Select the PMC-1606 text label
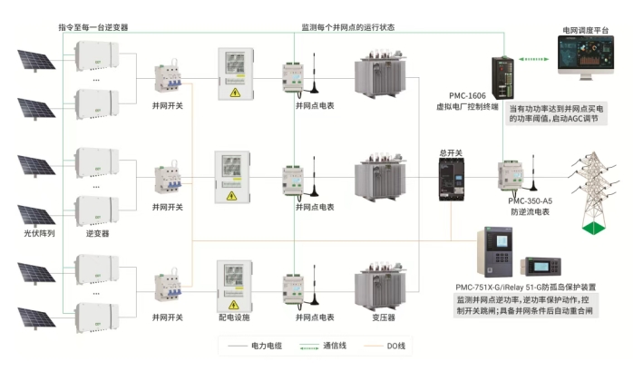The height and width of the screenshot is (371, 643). tap(469, 94)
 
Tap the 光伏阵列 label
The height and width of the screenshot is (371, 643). tap(38, 233)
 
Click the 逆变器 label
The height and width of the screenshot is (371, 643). tap(97, 233)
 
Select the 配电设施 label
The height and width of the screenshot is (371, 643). tap(232, 317)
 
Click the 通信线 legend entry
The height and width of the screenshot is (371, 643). tap(335, 345)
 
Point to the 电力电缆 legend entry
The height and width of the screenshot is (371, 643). tap(264, 345)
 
